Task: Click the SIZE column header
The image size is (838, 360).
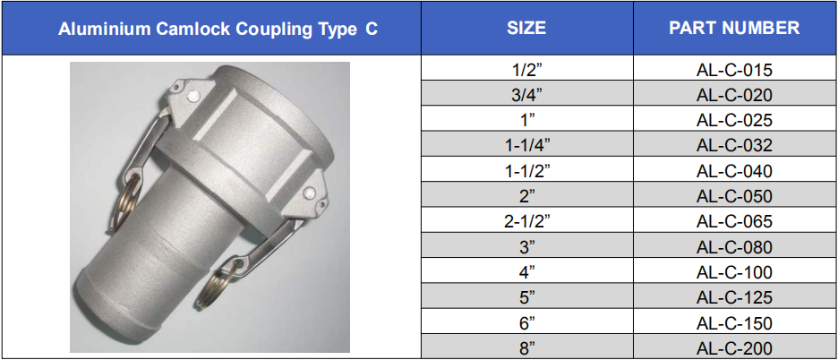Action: pos(526,28)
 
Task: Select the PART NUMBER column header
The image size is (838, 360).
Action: pos(734,28)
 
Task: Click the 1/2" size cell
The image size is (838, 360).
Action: pos(527,70)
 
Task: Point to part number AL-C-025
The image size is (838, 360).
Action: pos(734,121)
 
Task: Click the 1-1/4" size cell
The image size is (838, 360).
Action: pos(527,146)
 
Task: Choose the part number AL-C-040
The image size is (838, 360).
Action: pos(734,172)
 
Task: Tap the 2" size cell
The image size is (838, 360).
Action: pos(527,197)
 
